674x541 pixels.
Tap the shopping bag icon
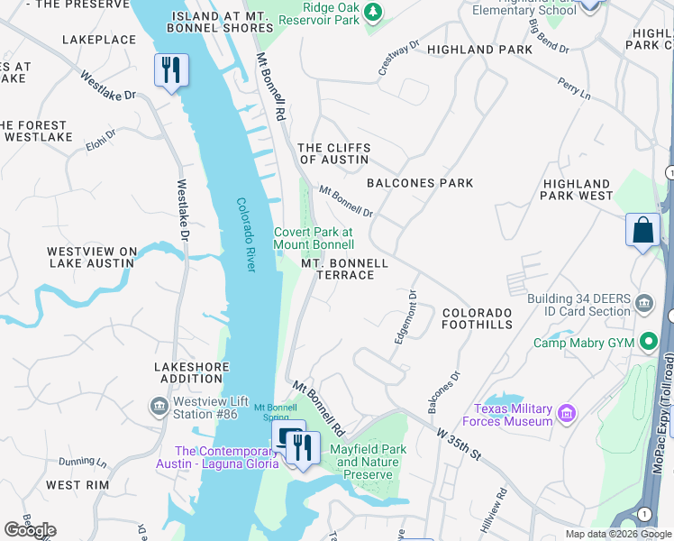[x=642, y=230]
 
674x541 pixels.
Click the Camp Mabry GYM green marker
[x=647, y=343]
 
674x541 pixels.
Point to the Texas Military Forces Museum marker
[x=567, y=414]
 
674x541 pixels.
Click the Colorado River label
[x=246, y=234]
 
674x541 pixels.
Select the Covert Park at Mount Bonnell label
[x=314, y=238]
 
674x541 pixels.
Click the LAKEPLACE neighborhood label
[x=99, y=40]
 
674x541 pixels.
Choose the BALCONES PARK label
[x=420, y=183]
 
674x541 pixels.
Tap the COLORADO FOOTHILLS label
[x=477, y=318]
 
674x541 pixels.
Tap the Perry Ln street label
[x=574, y=87]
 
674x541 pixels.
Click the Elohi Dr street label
[x=101, y=141]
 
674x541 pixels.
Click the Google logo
[x=30, y=530]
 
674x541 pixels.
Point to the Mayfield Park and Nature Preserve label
[x=368, y=462]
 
